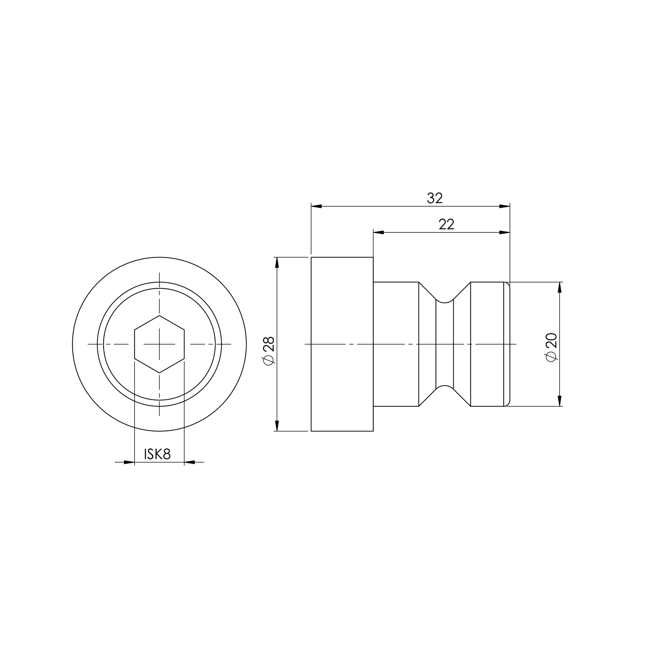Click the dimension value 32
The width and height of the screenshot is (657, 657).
[435, 198]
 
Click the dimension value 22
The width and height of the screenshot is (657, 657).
[446, 224]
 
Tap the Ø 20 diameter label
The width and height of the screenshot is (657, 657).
[551, 347]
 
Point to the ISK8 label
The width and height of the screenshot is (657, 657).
[157, 454]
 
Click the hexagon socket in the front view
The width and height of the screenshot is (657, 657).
[159, 344]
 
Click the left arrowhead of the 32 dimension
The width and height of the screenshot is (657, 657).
[316, 206]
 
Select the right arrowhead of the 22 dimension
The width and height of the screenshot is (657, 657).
[505, 232]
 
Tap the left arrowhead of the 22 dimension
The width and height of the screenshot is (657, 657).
[379, 232]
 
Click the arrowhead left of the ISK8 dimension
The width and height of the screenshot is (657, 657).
[129, 462]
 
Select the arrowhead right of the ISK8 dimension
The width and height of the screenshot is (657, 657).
[190, 462]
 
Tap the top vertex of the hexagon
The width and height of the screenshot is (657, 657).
[159, 316]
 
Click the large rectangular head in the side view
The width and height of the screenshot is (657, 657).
[342, 344]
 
